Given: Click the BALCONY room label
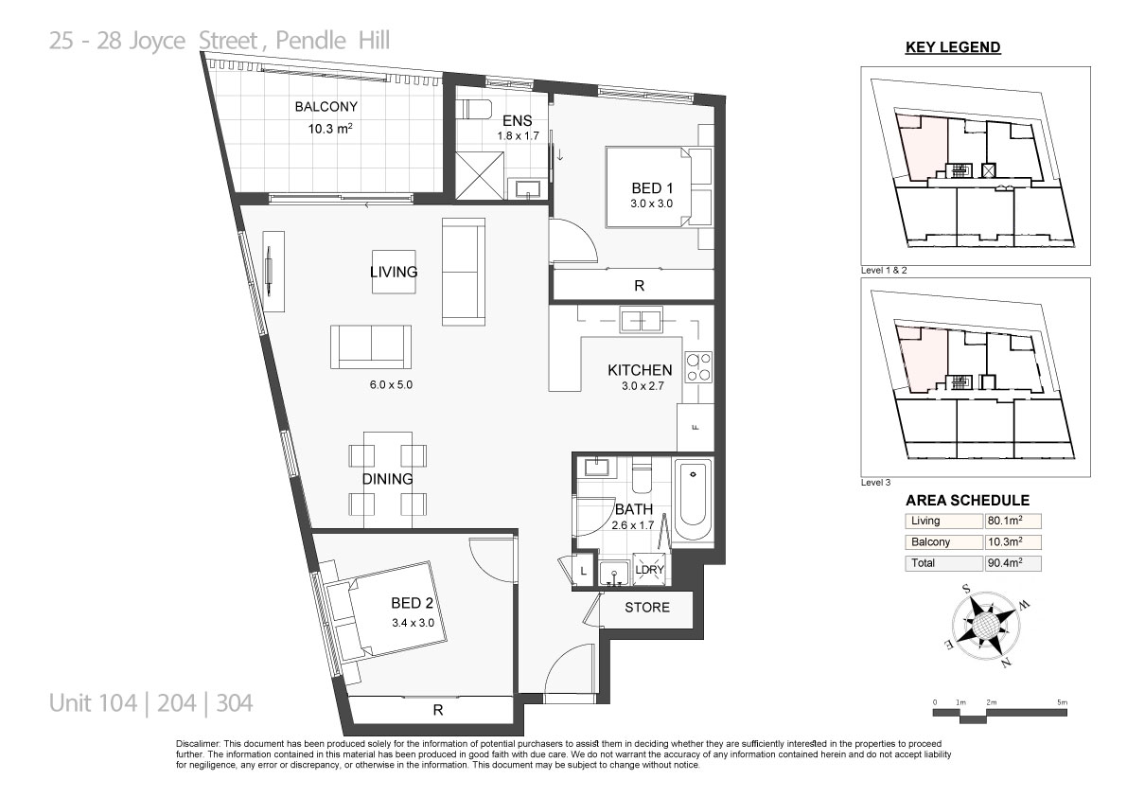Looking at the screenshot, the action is [x=326, y=107].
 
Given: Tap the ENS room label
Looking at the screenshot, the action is [x=517, y=121].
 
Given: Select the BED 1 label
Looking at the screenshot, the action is [x=652, y=188].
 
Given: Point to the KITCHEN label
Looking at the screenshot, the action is [x=640, y=370].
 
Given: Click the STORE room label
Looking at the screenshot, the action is [x=647, y=608].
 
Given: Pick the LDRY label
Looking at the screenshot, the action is [x=650, y=569].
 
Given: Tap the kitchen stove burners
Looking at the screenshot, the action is [x=698, y=366].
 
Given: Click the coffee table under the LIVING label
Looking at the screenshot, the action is [x=394, y=272].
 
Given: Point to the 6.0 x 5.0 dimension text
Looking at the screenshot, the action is [x=391, y=384].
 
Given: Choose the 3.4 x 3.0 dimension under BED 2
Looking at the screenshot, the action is [x=413, y=623].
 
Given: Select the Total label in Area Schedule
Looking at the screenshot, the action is [x=923, y=563].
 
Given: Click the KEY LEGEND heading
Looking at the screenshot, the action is [x=953, y=47].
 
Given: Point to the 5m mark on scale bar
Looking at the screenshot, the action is [x=1063, y=702].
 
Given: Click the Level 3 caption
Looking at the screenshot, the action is [x=875, y=482].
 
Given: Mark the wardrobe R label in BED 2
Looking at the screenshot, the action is [x=438, y=710].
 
